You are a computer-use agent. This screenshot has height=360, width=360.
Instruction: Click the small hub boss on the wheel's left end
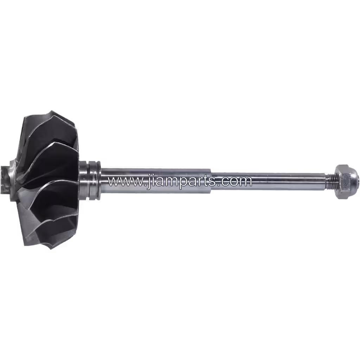tap(5, 180)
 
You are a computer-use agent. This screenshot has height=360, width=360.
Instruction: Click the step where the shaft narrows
tap(211, 181)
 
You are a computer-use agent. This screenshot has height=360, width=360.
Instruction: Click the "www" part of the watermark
tap(125, 181)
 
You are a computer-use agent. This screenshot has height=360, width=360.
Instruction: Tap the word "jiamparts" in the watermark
tap(182, 182)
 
